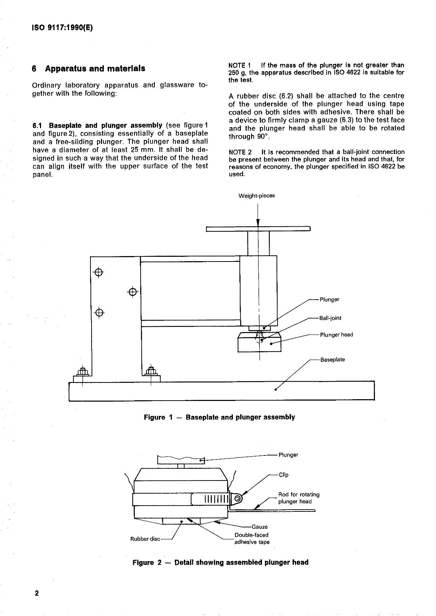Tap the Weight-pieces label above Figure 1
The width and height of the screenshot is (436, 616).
pos(257,196)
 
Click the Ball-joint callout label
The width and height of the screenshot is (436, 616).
pos(330,318)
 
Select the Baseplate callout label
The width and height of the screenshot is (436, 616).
pos(332,360)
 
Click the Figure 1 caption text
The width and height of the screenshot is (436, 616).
pos(219,417)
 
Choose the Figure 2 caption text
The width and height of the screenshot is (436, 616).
pos(220,562)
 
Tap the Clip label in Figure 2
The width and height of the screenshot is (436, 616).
pos(283,475)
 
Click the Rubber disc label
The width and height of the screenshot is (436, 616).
pos(145,539)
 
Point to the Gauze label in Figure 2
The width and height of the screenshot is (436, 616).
pos(259,527)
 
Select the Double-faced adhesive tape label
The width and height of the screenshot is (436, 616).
pos(251,539)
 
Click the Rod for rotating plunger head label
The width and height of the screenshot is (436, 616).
pos(299,498)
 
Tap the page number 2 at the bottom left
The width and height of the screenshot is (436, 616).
pos(36,593)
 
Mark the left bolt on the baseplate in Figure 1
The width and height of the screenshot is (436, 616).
pos(82,372)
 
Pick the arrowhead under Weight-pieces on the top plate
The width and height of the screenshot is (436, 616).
pos(258,223)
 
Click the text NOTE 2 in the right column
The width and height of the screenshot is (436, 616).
pos(240,152)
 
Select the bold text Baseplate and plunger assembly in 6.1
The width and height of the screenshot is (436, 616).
pos(105,125)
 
